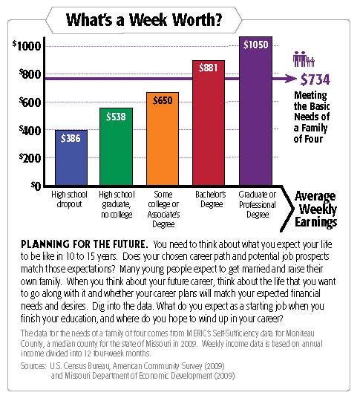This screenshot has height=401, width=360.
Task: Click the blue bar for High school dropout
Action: pos(71,157)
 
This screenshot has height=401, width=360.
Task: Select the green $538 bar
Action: pos(116,146)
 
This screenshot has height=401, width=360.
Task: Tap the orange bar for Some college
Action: pos(163,139)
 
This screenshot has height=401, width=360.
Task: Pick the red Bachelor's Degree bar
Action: pos(209,123)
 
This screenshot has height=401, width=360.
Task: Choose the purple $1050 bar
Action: pos(255,111)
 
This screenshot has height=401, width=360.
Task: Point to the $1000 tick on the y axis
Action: pos(27,46)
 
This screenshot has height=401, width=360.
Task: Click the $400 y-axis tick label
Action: pos(30,130)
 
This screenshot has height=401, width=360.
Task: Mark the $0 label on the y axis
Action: pos(36,186)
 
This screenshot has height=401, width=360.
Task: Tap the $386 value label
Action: pos(71,138)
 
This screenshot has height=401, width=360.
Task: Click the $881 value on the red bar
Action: pos(208,68)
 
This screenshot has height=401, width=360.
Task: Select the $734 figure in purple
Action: pos(315,79)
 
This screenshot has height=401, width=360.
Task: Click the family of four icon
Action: pos(304,59)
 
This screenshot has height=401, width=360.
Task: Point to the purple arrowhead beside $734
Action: pos(291,79)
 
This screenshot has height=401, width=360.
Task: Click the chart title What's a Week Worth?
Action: pos(144,20)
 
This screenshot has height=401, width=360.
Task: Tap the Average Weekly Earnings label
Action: pos(315,209)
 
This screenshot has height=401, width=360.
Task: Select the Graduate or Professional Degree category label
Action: pos(258,204)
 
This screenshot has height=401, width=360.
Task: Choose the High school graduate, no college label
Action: pos(117,204)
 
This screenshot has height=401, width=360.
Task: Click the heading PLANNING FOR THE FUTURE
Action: pos(85,244)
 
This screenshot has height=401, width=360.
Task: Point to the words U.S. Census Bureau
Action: pos(80,366)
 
